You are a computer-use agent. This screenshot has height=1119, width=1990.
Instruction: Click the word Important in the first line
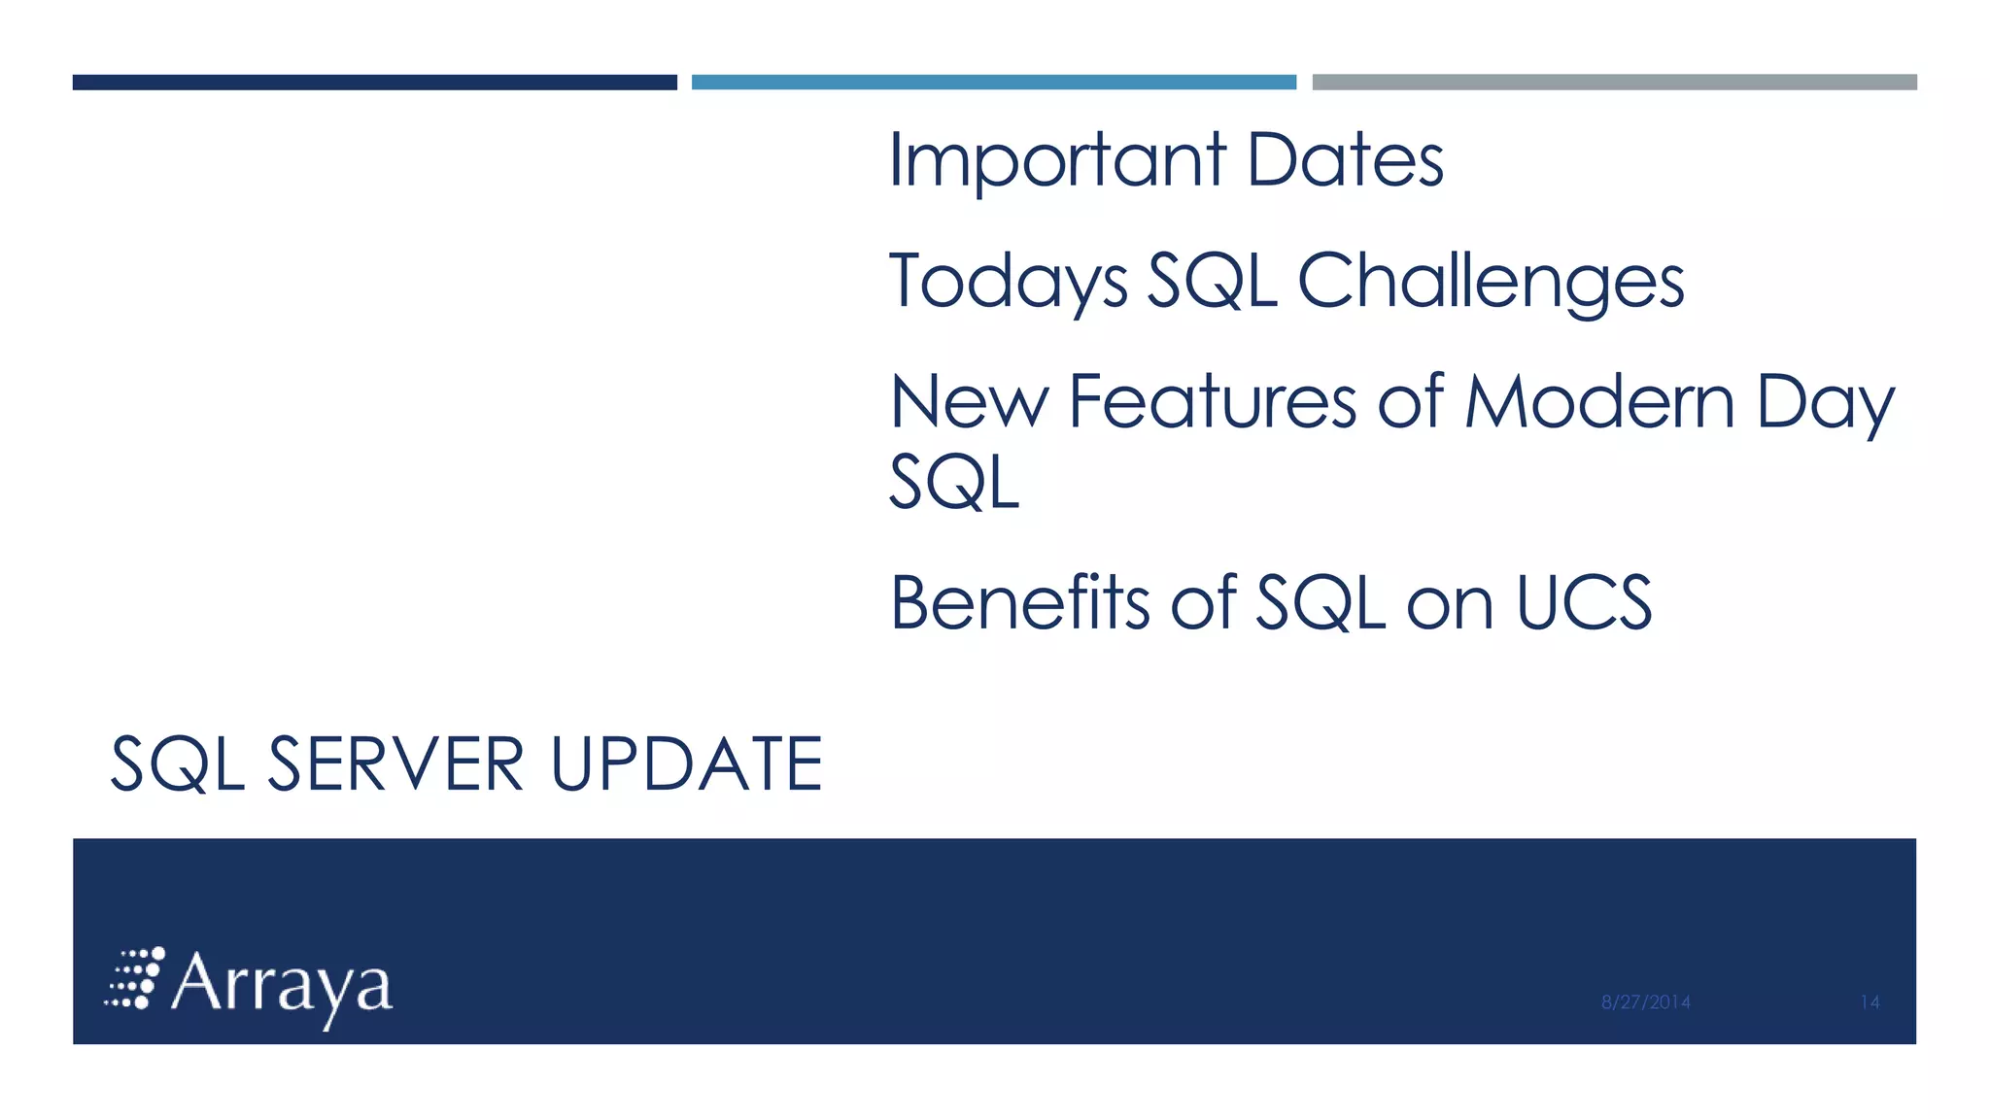(1057, 161)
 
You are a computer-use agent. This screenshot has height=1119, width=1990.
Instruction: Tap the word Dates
(1345, 161)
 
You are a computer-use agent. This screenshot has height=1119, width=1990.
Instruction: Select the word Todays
(1008, 282)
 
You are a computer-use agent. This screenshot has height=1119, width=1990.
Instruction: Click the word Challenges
(1491, 282)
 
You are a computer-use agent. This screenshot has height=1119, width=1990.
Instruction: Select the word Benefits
(1019, 603)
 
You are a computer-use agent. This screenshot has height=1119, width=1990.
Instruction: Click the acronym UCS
(1584, 603)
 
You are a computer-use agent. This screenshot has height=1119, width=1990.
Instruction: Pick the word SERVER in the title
(395, 763)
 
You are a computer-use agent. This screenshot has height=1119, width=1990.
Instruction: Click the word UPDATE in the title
(686, 763)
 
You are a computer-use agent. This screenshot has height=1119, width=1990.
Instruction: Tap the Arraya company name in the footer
(282, 985)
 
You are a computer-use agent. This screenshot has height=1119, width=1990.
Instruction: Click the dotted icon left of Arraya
(135, 978)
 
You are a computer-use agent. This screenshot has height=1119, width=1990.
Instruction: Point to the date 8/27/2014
(1645, 1002)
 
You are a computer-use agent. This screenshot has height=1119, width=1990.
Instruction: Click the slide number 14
(1870, 1002)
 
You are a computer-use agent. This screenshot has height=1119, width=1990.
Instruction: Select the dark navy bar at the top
(374, 83)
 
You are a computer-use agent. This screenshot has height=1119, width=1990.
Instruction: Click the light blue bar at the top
(993, 83)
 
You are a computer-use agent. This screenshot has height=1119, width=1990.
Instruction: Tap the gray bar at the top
(1614, 83)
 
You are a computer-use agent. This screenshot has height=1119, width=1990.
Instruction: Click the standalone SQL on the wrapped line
(954, 483)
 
